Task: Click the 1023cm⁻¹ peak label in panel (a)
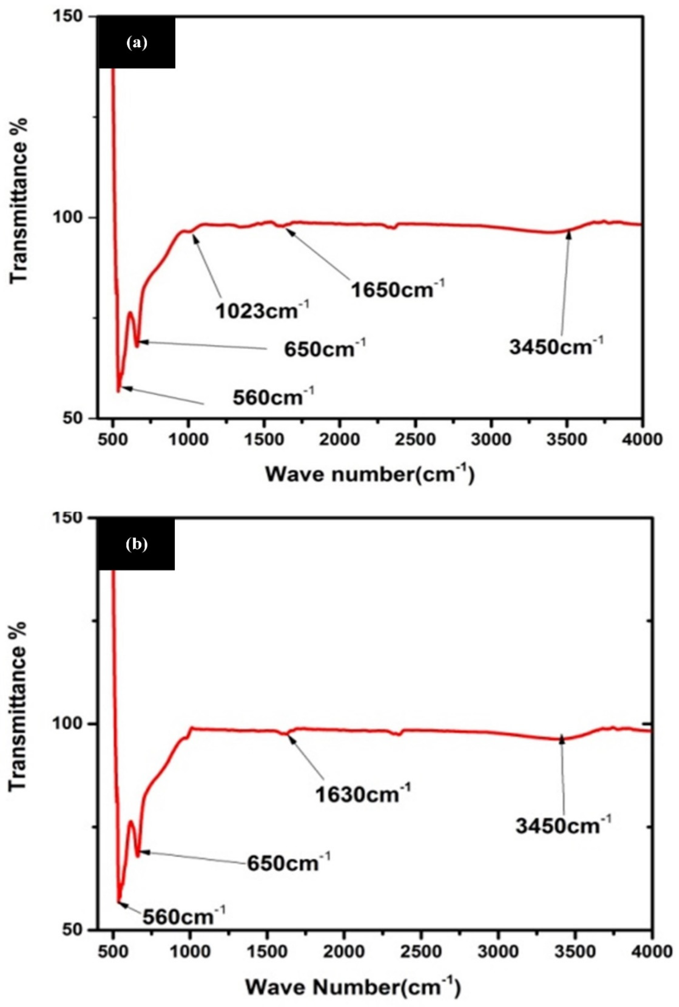point(262,310)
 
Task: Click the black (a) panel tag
point(137,42)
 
